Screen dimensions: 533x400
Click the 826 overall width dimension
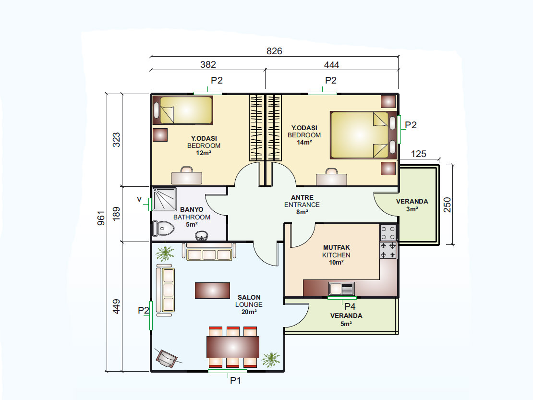coord(274,51)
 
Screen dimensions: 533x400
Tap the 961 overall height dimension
coord(101,218)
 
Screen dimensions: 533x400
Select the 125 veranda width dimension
coord(418,154)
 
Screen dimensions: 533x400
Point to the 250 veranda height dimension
coord(448,205)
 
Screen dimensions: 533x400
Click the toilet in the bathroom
coord(164,229)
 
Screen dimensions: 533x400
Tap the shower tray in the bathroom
coord(165,199)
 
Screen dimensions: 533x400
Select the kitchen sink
coord(341,289)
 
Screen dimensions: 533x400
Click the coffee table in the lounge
coord(212,291)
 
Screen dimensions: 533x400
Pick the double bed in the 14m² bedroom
coord(363,135)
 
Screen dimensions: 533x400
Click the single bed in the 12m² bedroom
coord(183,110)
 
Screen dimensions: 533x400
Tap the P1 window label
coord(235,380)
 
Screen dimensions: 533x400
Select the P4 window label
coord(350,306)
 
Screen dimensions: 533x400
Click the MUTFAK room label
coord(337,247)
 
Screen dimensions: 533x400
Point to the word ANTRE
coord(302,197)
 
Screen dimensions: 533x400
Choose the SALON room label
coord(249,297)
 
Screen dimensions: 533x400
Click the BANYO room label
coord(192,210)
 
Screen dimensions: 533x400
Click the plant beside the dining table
coord(271,360)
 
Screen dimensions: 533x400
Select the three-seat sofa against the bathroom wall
coord(209,252)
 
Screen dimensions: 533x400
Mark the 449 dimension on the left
coord(116,306)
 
